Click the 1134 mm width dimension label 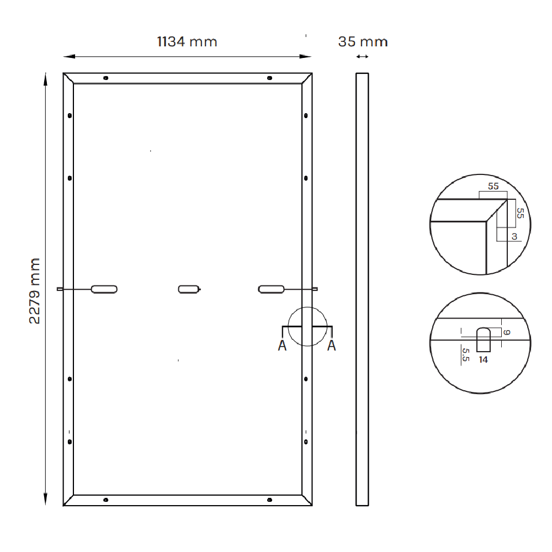pyautogui.click(x=187, y=41)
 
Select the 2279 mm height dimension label pyautogui.click(x=35, y=290)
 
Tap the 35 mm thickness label pyautogui.click(x=363, y=41)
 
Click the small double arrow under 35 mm pyautogui.click(x=363, y=57)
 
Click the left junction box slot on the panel pyautogui.click(x=104, y=289)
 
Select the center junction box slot pyautogui.click(x=188, y=289)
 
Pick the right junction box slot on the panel pyautogui.click(x=271, y=289)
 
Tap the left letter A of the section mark pyautogui.click(x=282, y=346)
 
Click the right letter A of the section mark pyautogui.click(x=332, y=346)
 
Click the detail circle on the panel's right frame pyautogui.click(x=307, y=326)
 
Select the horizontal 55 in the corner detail pyautogui.click(x=493, y=187)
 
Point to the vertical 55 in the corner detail pyautogui.click(x=519, y=213)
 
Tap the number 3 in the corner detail pyautogui.click(x=514, y=237)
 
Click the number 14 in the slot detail pyautogui.click(x=484, y=359)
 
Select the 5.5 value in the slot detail pyautogui.click(x=465, y=354)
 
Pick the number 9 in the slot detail pyautogui.click(x=507, y=332)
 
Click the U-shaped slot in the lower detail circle pyautogui.click(x=484, y=339)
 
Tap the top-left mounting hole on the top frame pyautogui.click(x=105, y=78)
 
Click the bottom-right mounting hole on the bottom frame pyautogui.click(x=269, y=500)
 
